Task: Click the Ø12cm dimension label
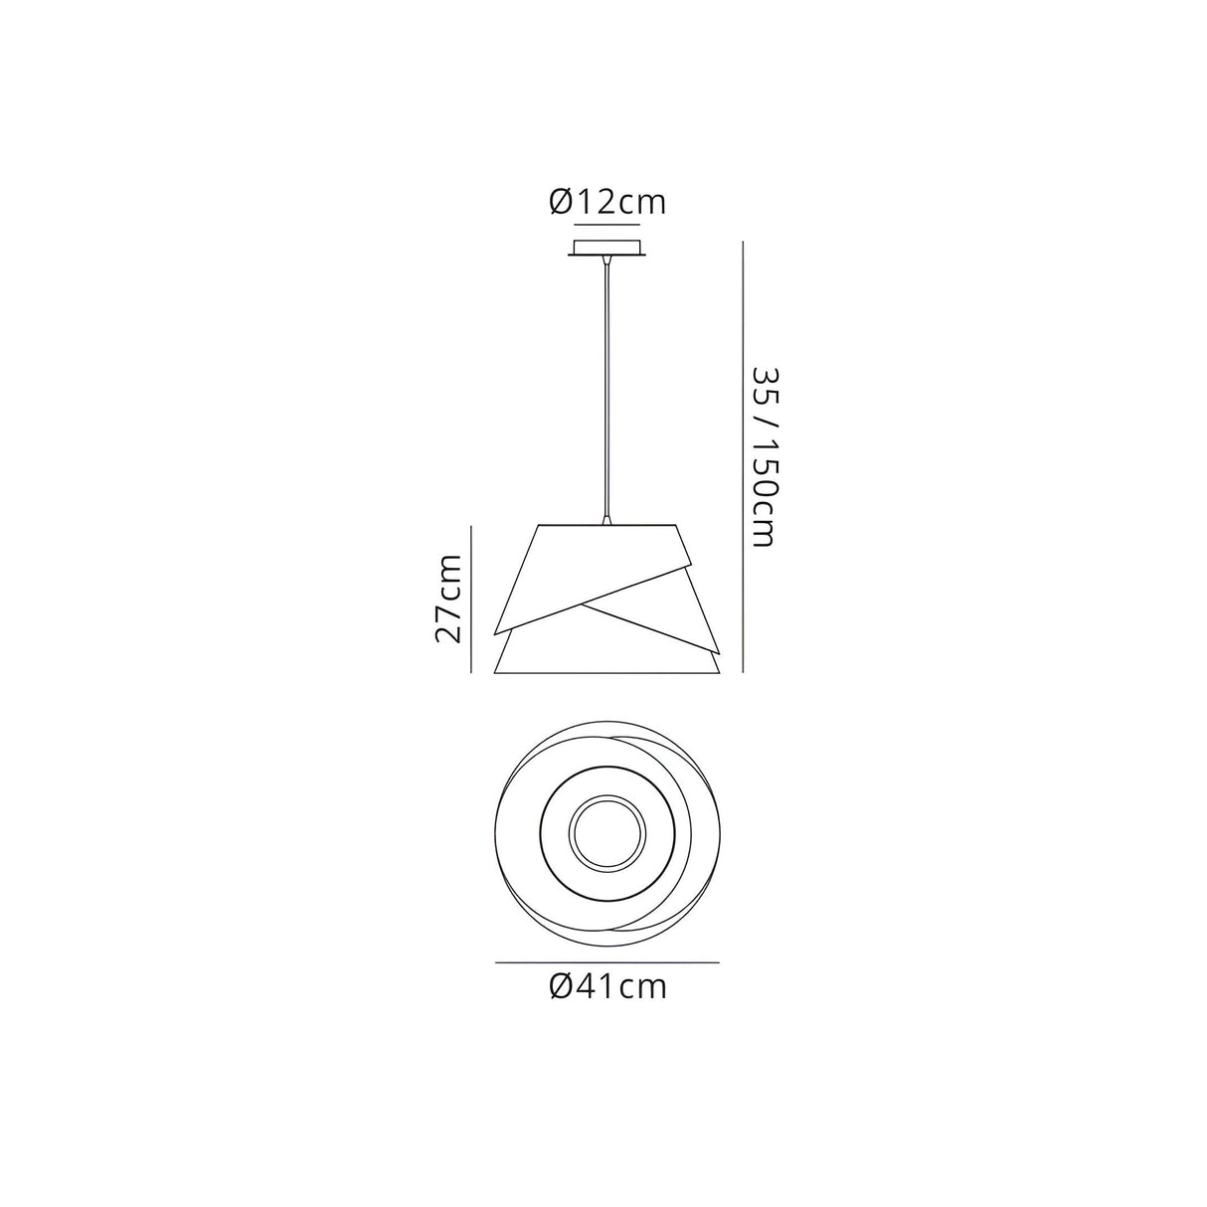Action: (x=606, y=203)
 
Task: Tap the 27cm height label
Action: (x=448, y=599)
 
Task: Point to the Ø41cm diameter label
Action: (x=606, y=987)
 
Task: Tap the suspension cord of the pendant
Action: (x=604, y=388)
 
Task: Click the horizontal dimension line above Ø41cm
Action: (x=606, y=962)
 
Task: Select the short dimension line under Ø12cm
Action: (x=606, y=226)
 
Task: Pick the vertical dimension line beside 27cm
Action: (x=470, y=599)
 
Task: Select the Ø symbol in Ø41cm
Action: (x=559, y=987)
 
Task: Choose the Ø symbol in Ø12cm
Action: (x=559, y=203)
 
